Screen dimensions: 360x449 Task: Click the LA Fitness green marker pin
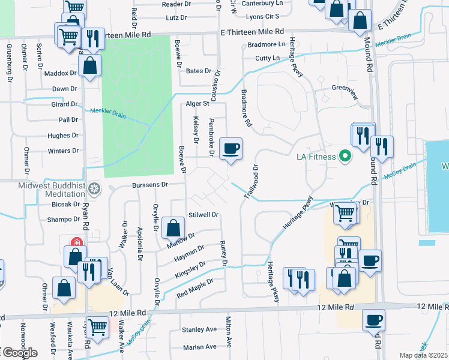pos(345,157)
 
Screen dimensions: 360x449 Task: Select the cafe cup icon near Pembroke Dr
pos(231,149)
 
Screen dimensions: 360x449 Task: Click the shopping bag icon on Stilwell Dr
pos(173,229)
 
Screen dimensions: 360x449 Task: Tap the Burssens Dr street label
pos(150,185)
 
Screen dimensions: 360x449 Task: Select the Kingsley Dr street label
pos(190,268)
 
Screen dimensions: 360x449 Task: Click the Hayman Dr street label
pos(190,253)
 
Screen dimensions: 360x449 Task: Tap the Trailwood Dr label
pos(251,182)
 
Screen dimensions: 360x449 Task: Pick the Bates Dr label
pos(199,71)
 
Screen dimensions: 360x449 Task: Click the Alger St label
pos(197,103)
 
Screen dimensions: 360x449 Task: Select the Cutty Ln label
pos(268,58)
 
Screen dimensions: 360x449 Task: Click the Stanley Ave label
pos(199,329)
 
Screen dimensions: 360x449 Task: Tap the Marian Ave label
pos(199,347)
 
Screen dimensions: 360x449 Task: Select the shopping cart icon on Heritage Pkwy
pos(345,212)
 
